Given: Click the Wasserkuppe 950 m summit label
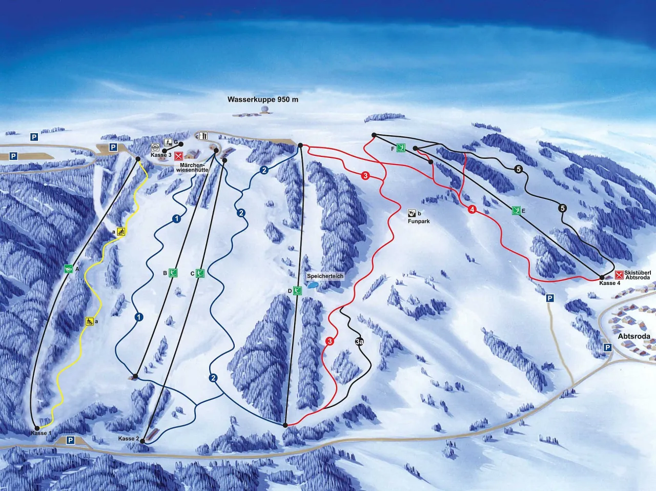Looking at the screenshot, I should [262, 100].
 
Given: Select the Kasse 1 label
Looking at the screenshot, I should [40, 434].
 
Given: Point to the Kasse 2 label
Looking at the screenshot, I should [128, 439].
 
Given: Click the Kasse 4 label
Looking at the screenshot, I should [610, 283].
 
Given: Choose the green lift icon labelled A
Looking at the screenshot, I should [68, 269].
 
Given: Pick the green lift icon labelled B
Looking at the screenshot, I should [173, 273].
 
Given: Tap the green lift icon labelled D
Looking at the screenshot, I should [298, 291].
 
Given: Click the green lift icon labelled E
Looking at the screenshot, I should [517, 210].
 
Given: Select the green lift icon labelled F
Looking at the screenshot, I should [401, 148].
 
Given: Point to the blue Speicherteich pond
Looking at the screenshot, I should [313, 284].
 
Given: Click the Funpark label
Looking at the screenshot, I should [419, 221].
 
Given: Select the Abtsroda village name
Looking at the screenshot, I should [634, 337].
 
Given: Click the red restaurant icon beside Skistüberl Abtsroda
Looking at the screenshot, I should [619, 275].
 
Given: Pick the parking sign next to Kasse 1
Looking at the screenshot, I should [70, 440].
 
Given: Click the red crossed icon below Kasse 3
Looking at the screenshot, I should [178, 156].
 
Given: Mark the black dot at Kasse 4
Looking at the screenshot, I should [602, 278].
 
